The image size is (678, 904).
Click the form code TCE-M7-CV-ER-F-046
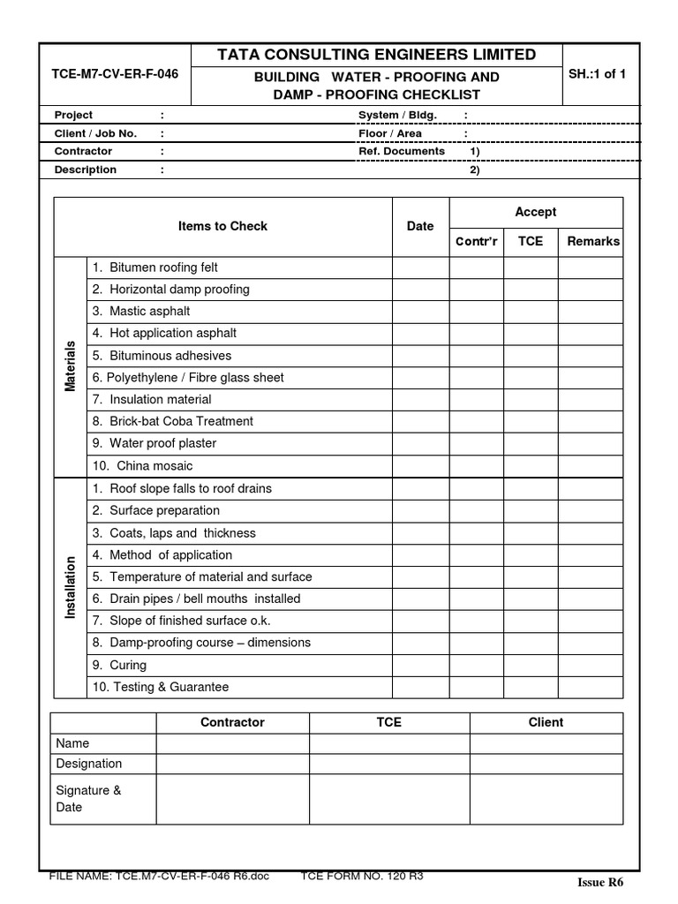(116, 74)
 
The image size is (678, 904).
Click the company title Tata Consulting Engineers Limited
(376, 55)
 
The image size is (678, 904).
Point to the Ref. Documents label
(401, 151)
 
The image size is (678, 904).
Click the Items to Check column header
(222, 226)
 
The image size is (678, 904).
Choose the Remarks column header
(593, 241)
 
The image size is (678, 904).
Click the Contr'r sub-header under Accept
(477, 241)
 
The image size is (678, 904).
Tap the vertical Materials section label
(71, 366)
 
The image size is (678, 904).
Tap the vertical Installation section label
(71, 587)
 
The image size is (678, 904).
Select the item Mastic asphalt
(149, 312)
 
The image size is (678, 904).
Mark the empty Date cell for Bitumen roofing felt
(420, 267)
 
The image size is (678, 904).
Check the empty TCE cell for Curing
(530, 665)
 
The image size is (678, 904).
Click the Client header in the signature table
(546, 722)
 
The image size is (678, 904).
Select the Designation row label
(89, 764)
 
